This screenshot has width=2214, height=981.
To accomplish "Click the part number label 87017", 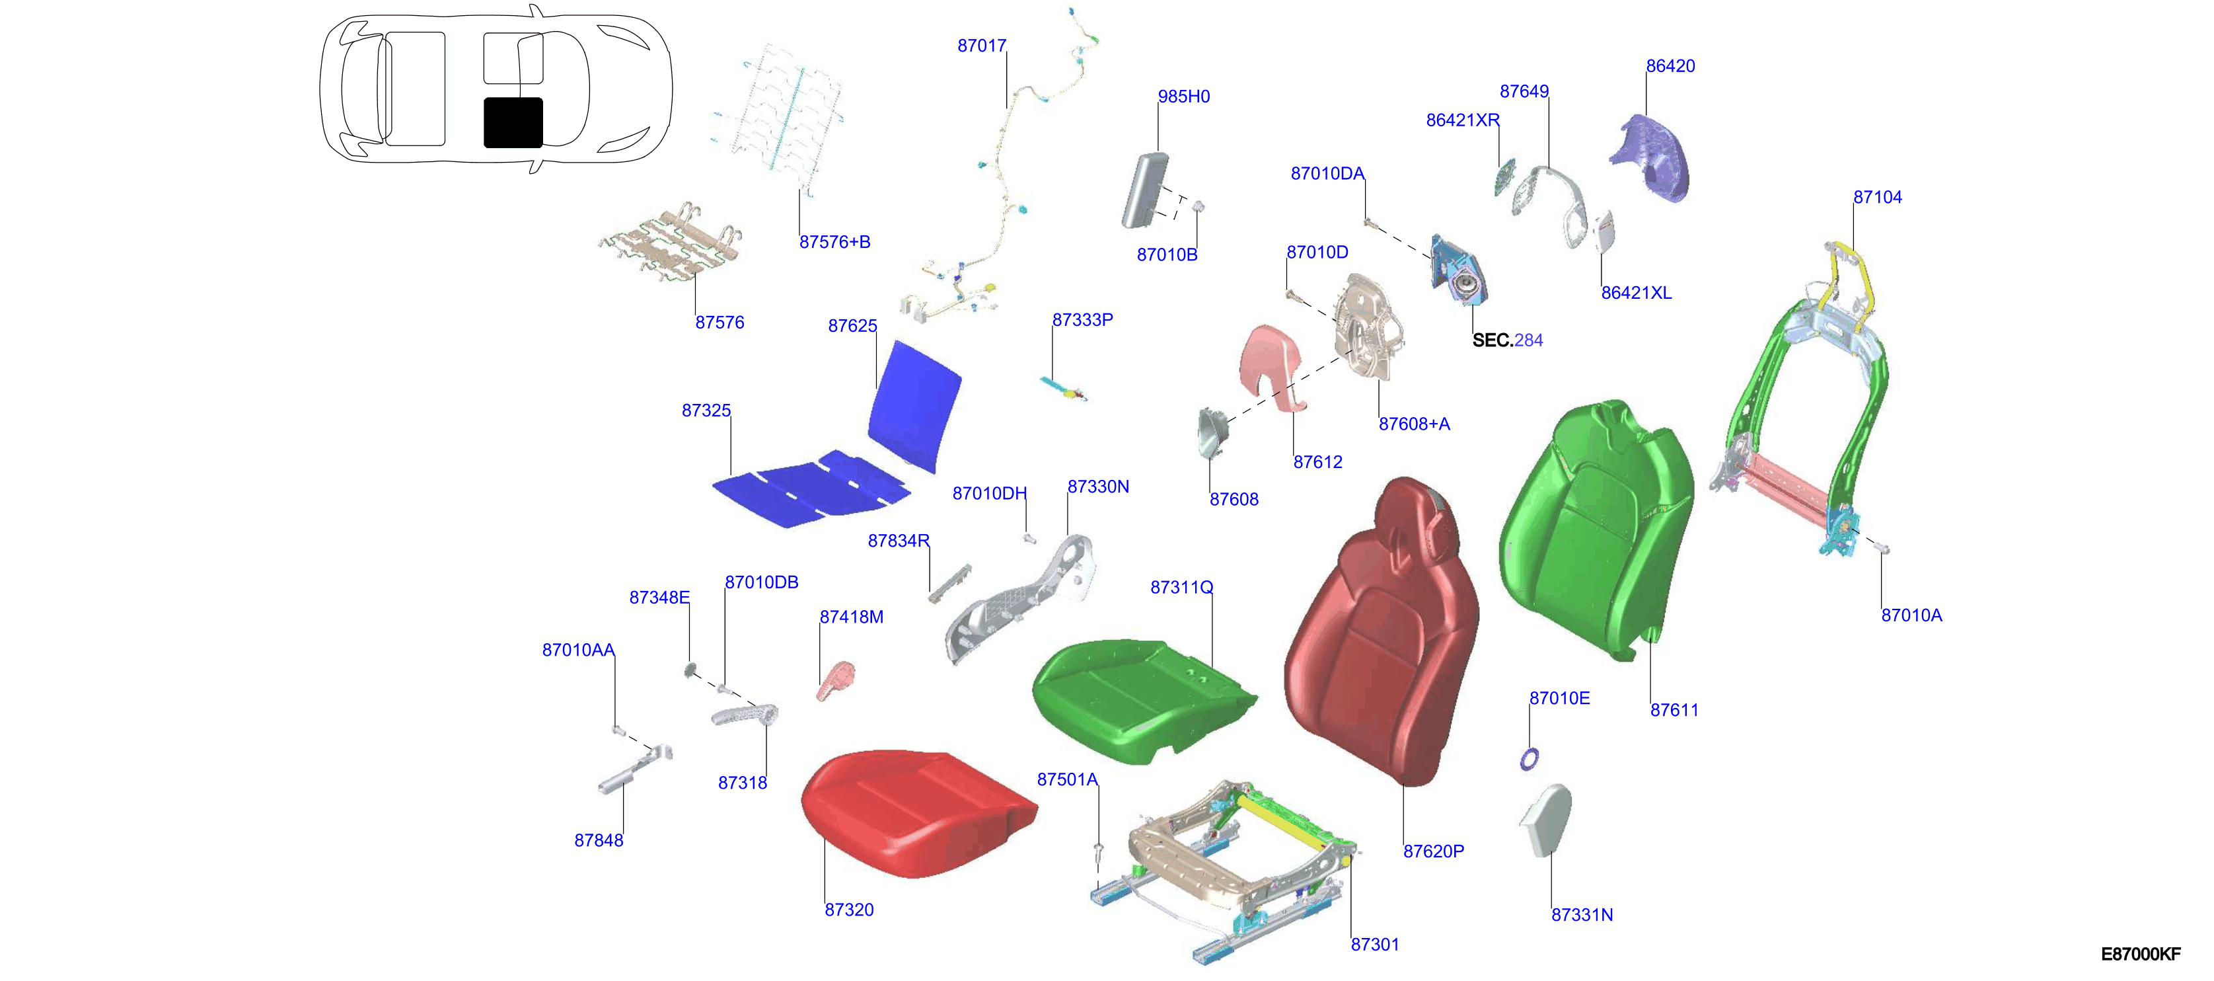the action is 982,46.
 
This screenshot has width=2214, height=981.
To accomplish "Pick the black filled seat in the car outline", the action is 513,122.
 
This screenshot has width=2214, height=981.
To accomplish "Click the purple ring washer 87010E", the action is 1529,758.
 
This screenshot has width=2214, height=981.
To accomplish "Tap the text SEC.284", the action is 1508,340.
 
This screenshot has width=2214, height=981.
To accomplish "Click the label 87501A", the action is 1068,780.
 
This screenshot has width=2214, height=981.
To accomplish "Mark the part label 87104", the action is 1878,197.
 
